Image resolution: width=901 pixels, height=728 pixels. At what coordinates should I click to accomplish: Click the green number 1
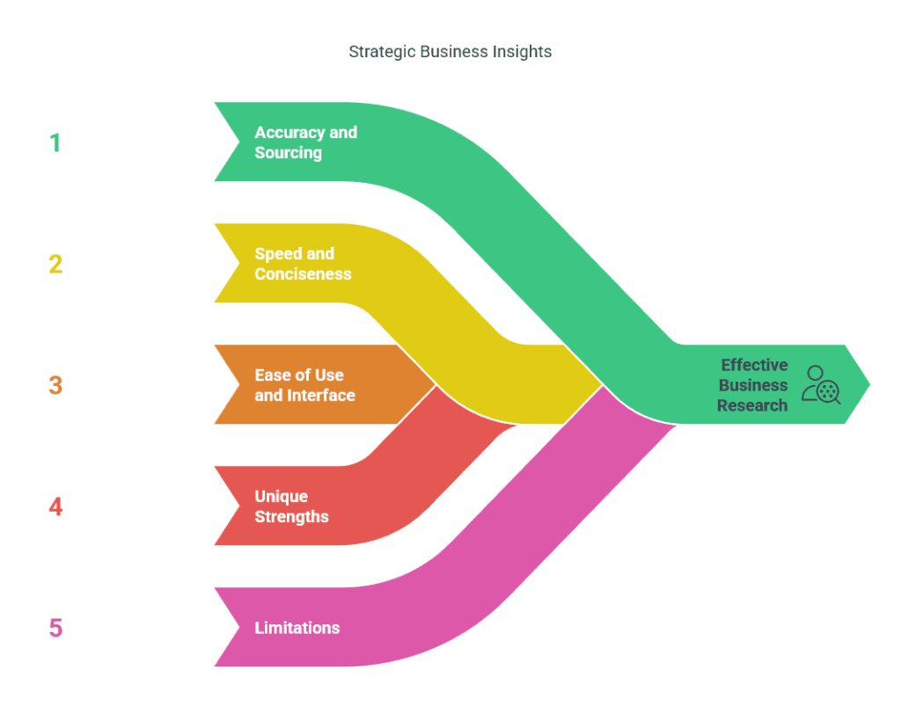click(55, 143)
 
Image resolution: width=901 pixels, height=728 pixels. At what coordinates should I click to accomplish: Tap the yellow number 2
click(55, 264)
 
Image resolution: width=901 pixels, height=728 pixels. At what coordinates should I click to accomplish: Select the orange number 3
click(55, 385)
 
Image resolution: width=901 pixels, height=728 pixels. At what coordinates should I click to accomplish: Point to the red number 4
click(55, 506)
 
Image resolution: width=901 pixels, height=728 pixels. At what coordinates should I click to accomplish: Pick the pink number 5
click(55, 628)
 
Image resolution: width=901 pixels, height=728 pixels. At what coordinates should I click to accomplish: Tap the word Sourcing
click(288, 153)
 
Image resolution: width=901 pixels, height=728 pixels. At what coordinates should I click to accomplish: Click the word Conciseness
click(303, 273)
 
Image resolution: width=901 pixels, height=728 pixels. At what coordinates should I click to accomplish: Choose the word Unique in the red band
click(281, 496)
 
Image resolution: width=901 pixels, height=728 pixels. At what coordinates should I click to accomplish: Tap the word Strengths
click(291, 516)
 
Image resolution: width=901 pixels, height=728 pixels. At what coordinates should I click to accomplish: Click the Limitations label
click(297, 628)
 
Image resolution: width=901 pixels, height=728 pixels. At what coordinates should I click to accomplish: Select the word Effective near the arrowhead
click(754, 365)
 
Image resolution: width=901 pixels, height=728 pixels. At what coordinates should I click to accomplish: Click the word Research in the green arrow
click(751, 405)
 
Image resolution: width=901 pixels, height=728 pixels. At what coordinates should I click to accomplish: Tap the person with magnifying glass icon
click(821, 385)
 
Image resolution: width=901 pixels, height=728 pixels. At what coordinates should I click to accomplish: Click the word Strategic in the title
click(382, 52)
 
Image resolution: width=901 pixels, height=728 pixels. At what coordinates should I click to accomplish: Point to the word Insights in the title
click(521, 52)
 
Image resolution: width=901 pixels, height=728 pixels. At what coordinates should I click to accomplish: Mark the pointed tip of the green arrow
click(870, 384)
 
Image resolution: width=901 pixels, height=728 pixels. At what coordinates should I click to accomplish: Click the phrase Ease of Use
click(299, 375)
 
